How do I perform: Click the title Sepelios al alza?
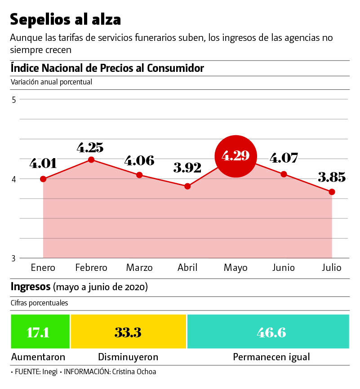66,19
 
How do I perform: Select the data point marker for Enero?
43,179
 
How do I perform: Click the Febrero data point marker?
91,159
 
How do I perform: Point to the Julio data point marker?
332,192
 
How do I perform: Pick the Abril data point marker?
187,186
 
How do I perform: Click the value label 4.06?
139,161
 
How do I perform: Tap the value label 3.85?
332,177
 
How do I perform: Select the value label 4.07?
284,159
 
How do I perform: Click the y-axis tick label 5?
14,100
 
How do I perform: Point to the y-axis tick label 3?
14,258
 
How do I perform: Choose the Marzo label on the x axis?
139,268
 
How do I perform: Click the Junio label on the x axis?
284,268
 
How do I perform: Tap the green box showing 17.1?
40,332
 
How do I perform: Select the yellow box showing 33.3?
128,332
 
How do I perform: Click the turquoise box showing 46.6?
268,332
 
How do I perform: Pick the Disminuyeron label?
128,358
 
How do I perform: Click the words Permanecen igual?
271,358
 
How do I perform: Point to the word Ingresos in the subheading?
31,287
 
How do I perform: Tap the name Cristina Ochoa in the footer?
134,372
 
